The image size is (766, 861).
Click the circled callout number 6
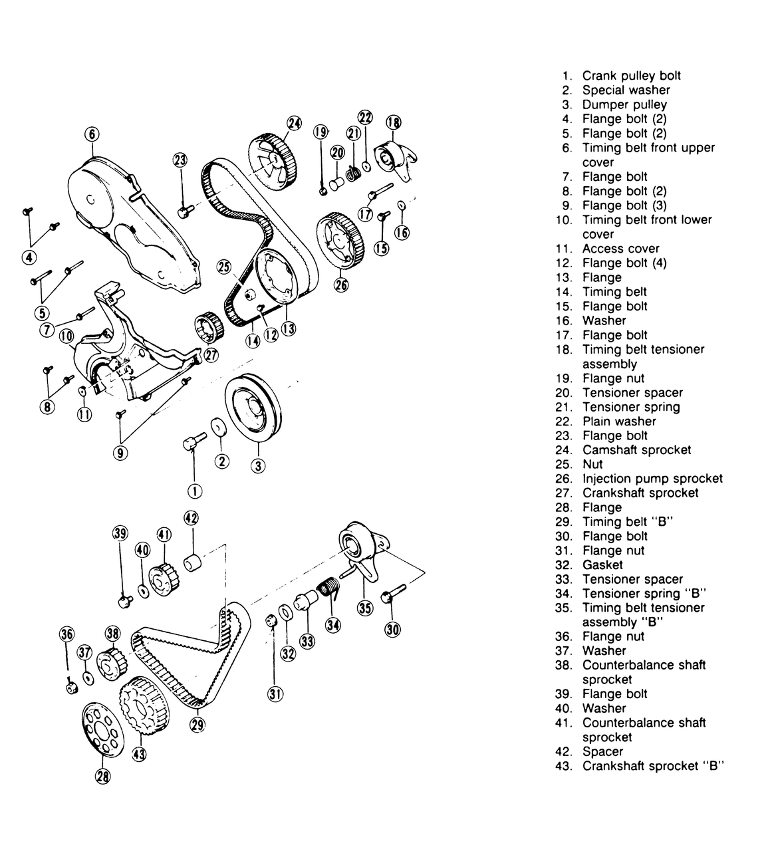[92, 134]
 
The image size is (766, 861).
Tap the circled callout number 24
[294, 123]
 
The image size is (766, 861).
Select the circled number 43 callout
[139, 754]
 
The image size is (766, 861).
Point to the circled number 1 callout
[195, 491]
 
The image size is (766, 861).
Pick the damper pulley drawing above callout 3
[253, 408]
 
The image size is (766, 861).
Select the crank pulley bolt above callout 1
[194, 441]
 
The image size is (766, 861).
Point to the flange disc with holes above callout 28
[102, 729]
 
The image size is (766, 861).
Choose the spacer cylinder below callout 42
[192, 562]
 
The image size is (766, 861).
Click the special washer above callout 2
[219, 427]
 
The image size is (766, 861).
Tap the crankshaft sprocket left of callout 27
[209, 326]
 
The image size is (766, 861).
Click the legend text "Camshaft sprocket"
[636, 449]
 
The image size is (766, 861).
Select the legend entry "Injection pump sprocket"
[652, 479]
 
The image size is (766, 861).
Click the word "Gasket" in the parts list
[602, 564]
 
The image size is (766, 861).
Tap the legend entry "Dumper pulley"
[624, 104]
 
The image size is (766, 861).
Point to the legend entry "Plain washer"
[619, 421]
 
